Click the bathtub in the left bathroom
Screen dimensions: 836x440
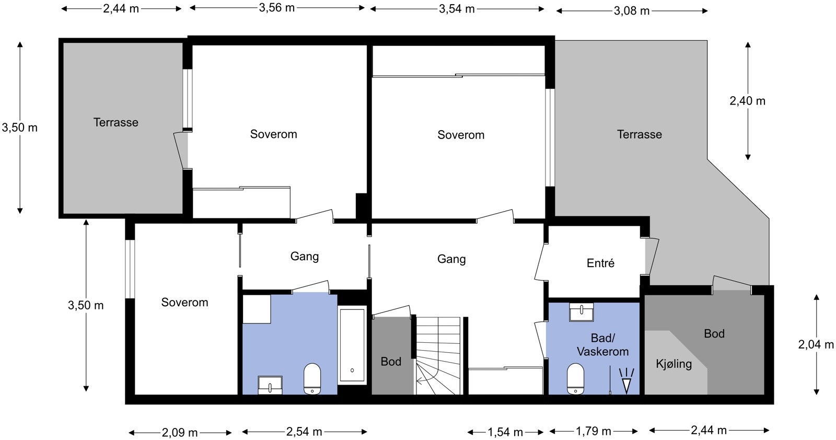[352, 345]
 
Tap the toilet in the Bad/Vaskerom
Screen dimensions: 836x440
[575, 379]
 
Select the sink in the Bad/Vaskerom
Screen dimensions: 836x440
[581, 312]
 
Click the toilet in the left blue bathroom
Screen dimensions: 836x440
[312, 379]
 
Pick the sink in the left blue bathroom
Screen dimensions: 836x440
[270, 385]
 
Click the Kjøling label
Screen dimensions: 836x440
[674, 364]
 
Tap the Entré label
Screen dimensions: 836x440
[600, 263]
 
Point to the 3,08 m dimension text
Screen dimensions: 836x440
[632, 11]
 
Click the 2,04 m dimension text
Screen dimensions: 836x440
[816, 344]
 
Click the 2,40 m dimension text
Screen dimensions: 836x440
[747, 101]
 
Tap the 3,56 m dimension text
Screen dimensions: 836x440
[276, 7]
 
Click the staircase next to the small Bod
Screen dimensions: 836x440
[438, 356]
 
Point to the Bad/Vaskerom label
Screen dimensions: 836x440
[603, 345]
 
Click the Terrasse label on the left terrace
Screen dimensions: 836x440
[115, 122]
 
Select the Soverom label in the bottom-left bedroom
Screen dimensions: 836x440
[185, 302]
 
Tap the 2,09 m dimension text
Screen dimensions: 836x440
[180, 433]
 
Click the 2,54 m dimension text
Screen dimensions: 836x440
[304, 432]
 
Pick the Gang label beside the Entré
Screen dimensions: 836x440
[451, 259]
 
